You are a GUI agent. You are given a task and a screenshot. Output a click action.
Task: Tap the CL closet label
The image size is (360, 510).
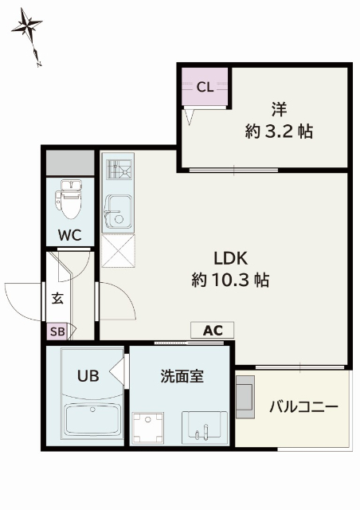point(205,87)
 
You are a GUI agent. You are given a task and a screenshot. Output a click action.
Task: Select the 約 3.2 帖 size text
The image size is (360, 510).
point(279,131)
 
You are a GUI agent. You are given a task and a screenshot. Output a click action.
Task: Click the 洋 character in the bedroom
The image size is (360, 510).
point(279,109)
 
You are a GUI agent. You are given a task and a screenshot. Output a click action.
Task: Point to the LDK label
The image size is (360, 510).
point(230,258)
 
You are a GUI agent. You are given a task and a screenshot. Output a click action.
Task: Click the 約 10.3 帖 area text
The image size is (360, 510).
point(230,280)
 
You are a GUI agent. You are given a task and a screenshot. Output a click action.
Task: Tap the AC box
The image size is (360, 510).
point(212,331)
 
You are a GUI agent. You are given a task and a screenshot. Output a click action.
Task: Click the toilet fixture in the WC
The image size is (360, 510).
point(69,200)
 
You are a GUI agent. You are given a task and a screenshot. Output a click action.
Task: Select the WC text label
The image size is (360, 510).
point(69,235)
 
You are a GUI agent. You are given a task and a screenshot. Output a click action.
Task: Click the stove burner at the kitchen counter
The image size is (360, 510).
point(119,170)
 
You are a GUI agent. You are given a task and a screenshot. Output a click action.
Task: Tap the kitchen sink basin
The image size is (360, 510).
point(119,212)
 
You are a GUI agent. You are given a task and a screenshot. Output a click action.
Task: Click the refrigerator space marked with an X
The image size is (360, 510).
point(118,251)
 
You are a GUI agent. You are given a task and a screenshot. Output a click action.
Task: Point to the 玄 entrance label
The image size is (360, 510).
point(58,298)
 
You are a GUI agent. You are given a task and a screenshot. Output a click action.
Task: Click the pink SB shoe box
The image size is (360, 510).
point(57,331)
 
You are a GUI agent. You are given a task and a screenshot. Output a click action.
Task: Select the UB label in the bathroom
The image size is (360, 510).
point(88,376)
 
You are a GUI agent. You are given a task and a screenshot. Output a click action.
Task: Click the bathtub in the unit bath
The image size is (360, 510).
point(92,420)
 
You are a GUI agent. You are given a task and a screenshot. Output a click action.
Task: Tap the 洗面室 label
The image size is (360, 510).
point(182,376)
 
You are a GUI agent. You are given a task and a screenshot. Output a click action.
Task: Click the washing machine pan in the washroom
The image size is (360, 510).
point(148,428)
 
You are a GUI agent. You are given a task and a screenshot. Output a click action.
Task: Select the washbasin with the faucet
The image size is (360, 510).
point(205,427)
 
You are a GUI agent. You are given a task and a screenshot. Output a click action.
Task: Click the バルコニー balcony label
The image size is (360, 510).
point(304,407)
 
